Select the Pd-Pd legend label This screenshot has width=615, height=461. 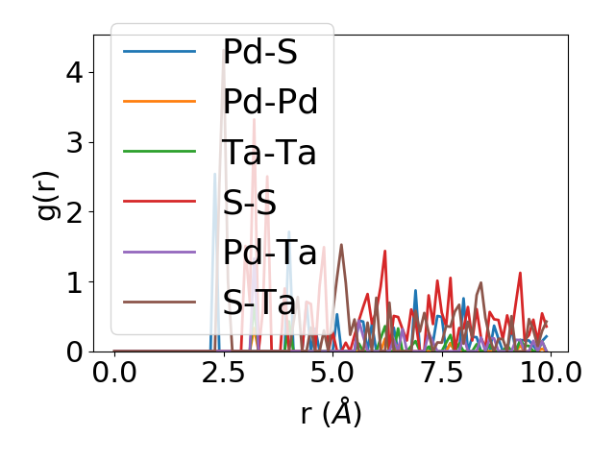270,102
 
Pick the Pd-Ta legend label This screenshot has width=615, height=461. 269,254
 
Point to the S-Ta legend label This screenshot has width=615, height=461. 258,303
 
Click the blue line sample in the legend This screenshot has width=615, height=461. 160,52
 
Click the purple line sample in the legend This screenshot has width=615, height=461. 160,254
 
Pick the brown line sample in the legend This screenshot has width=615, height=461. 160,303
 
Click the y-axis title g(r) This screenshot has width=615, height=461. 49,193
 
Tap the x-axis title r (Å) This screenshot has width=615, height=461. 331,412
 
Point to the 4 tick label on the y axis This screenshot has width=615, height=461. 75,72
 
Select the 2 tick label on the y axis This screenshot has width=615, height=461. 75,212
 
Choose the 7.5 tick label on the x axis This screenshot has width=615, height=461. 441,372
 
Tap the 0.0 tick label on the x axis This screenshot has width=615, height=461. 114,372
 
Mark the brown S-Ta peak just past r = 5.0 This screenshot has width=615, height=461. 341,245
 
